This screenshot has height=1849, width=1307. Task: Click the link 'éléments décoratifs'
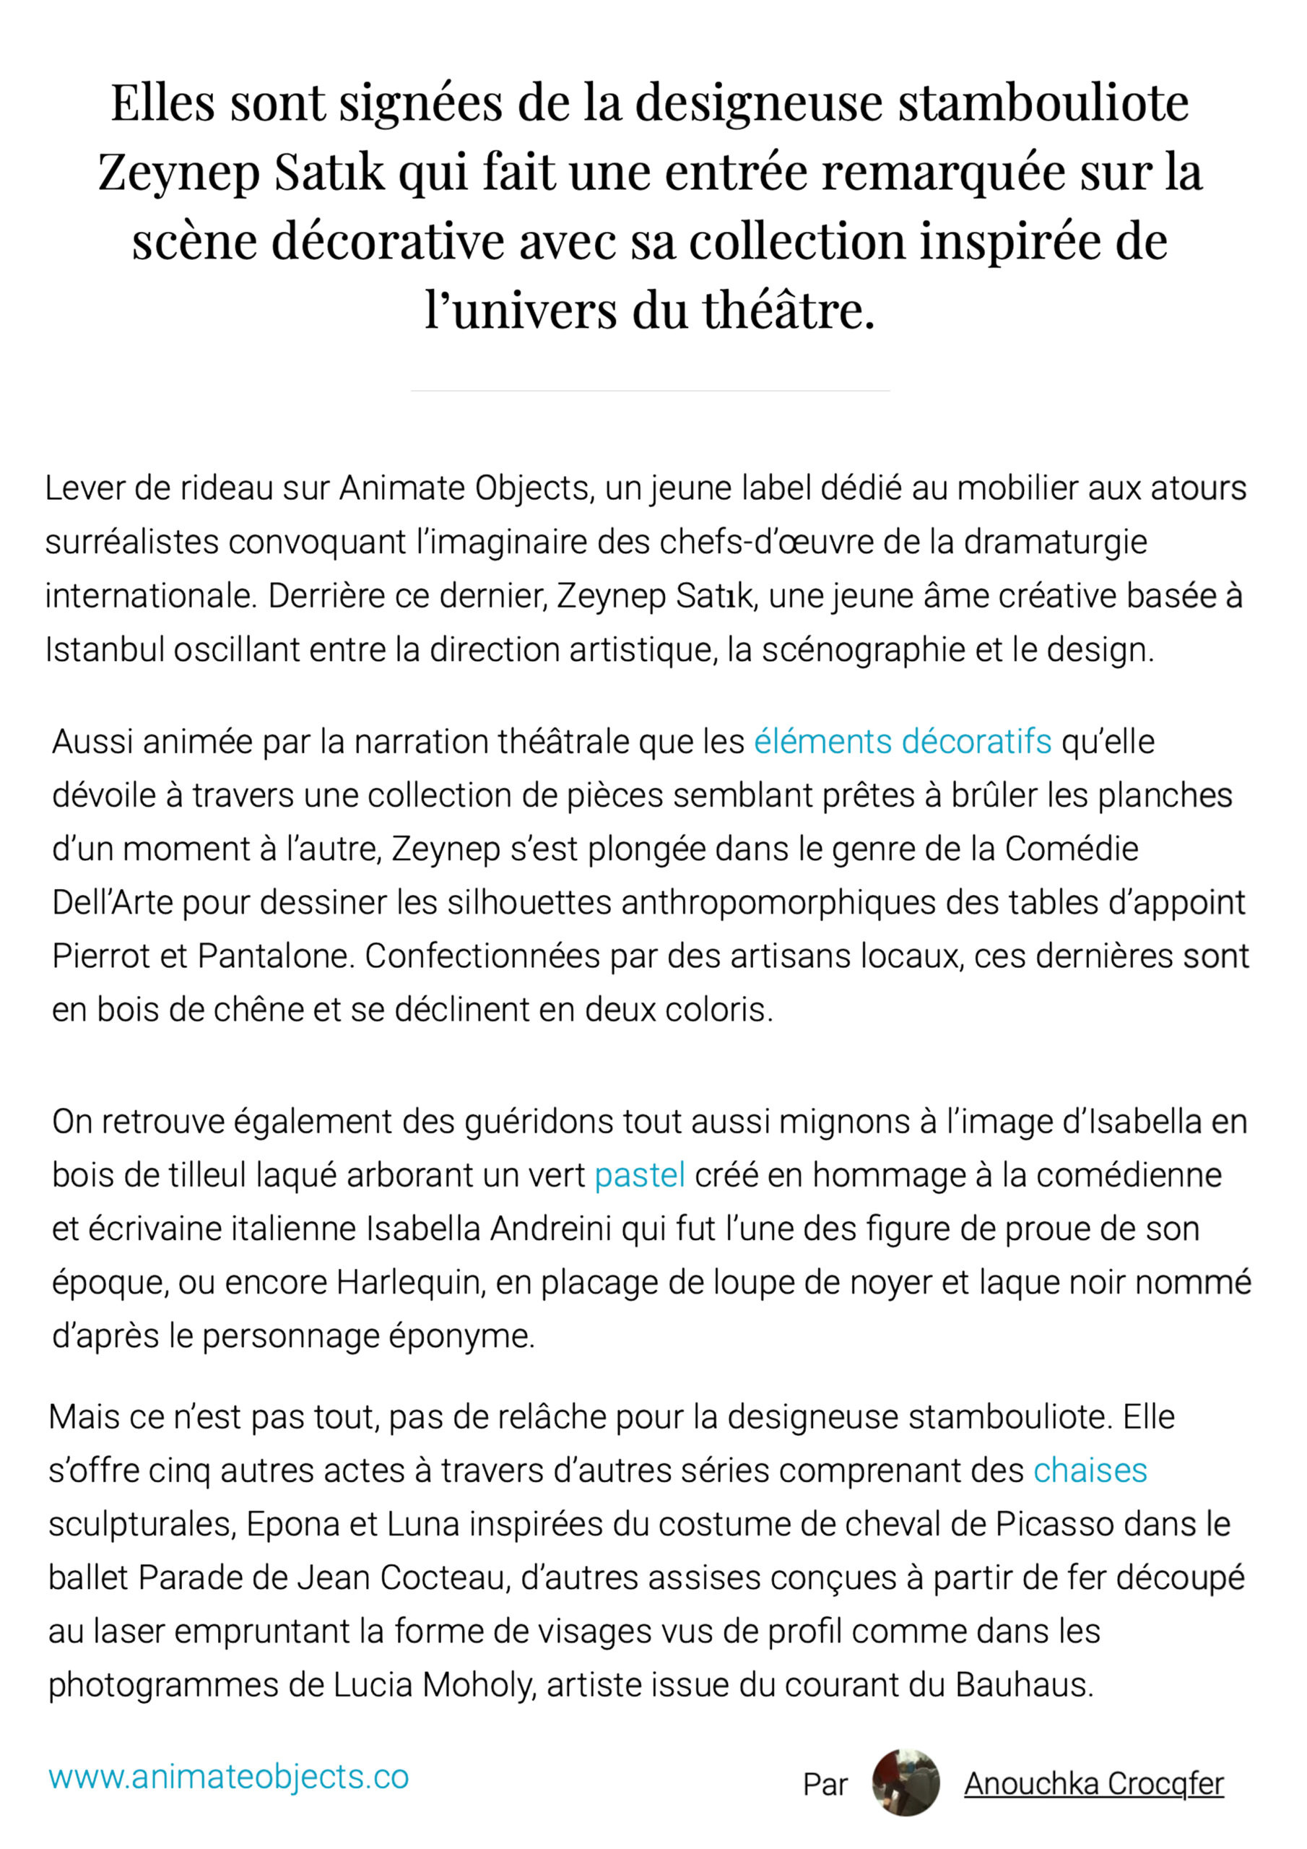902,742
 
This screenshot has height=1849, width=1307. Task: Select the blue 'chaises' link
1090,1471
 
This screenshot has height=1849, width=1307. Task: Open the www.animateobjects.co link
229,1777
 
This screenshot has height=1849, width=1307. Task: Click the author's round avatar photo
906,1783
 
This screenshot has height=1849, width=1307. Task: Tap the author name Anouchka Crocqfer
1093,1784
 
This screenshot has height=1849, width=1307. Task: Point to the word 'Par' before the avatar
825,1785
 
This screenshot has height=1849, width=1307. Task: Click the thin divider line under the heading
650,391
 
